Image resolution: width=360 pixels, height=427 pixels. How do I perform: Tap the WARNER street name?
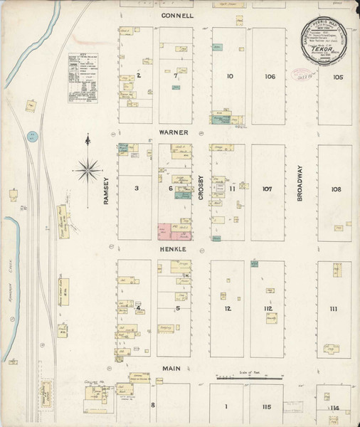[173, 132]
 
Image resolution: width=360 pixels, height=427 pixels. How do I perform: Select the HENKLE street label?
[173, 250]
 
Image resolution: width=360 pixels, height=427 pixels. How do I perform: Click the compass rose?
[88, 169]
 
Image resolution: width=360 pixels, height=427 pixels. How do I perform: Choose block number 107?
[267, 189]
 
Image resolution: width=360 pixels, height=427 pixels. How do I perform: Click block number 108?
[336, 189]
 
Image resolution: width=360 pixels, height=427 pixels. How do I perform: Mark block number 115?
[267, 406]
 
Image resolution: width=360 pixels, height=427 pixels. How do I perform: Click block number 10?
[230, 76]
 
